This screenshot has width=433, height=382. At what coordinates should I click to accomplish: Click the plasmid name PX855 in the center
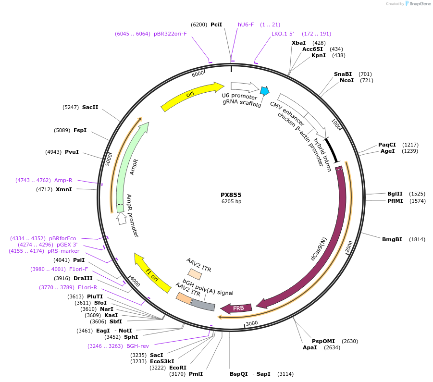(x=231, y=195)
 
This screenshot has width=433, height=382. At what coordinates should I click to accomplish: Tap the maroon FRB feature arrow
(x=233, y=308)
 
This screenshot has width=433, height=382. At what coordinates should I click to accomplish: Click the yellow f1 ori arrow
(x=152, y=274)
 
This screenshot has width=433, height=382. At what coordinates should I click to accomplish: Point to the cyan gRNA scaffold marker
(x=264, y=90)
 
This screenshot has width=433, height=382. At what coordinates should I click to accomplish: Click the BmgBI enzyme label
(x=392, y=239)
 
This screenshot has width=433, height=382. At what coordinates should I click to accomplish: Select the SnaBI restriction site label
(x=343, y=74)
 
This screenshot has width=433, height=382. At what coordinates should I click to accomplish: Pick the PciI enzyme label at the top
(x=216, y=25)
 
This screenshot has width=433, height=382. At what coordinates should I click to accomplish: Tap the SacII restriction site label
(x=90, y=107)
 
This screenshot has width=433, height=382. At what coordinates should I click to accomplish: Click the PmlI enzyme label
(x=196, y=374)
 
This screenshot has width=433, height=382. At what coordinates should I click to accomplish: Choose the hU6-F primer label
(x=246, y=25)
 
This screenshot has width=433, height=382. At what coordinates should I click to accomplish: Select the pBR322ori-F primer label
(x=170, y=34)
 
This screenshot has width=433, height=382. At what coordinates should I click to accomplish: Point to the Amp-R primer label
(x=63, y=180)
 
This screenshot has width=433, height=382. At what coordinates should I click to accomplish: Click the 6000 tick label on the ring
(x=198, y=74)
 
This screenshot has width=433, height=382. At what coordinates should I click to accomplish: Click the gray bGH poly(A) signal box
(x=203, y=304)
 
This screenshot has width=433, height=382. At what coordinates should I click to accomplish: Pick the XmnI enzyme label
(x=63, y=189)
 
